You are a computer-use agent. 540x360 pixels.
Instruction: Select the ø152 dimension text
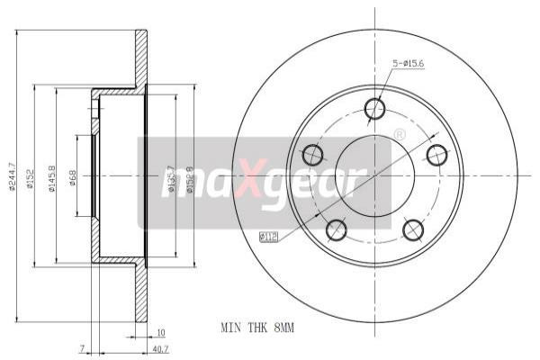(30, 176)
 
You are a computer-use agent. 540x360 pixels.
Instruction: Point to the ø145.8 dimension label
(52, 176)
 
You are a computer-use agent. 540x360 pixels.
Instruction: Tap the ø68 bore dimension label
(73, 176)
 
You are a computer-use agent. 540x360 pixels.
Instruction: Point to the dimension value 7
(82, 346)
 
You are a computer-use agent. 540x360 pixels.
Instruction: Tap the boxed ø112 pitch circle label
(267, 237)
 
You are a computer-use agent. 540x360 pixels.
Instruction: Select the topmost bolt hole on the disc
(374, 109)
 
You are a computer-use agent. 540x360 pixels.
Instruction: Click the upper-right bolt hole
(436, 152)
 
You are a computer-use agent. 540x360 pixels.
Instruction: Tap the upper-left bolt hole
(313, 153)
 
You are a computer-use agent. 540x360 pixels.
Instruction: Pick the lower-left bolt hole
(336, 229)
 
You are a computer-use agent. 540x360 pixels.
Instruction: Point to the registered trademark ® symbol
(400, 136)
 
